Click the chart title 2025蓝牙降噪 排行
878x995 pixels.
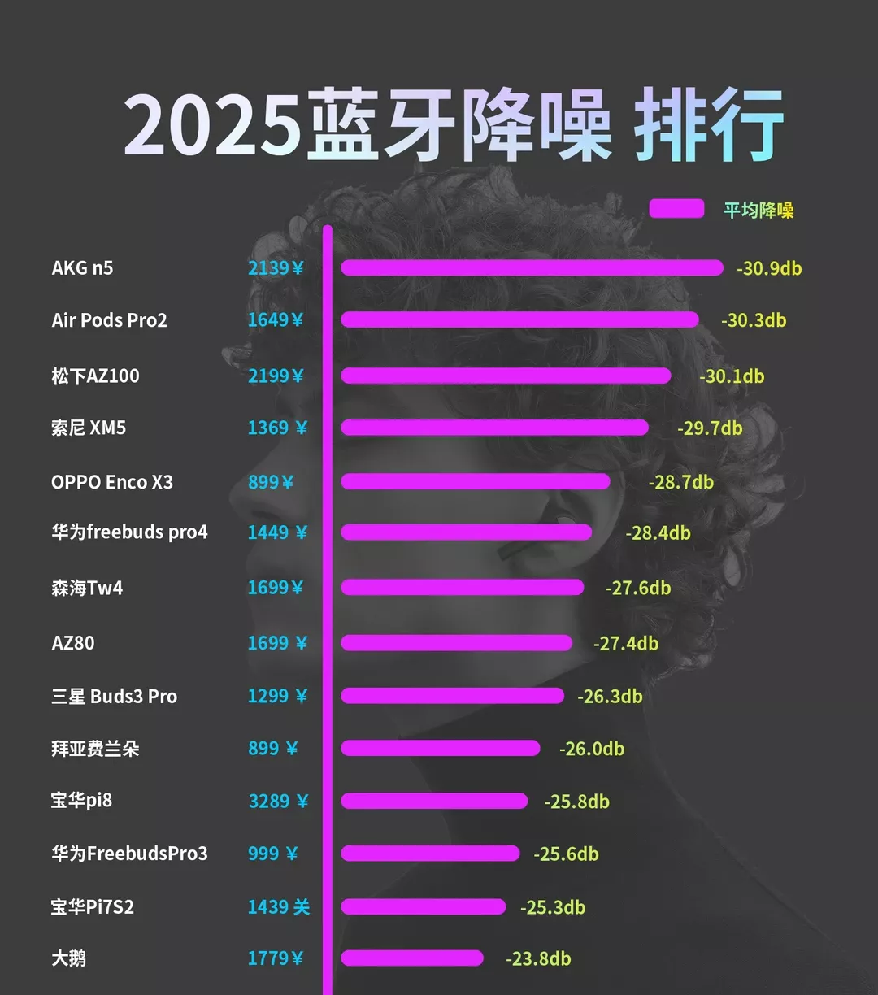(454, 126)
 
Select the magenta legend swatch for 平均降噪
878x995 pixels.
(676, 209)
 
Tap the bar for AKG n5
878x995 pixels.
(532, 268)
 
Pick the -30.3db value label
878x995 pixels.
(754, 320)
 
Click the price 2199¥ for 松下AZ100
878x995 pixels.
(276, 376)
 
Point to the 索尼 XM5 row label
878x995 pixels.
(89, 428)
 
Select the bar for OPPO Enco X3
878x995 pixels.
(475, 481)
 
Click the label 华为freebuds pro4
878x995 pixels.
(129, 532)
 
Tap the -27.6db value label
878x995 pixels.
(638, 588)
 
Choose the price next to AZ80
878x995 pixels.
(277, 643)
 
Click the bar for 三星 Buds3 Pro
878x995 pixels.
(452, 696)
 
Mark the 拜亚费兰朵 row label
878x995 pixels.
(95, 749)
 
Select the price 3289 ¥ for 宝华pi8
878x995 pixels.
(278, 802)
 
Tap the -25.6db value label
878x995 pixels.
(566, 854)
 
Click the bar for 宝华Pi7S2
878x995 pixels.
(423, 906)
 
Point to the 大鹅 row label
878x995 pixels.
(68, 958)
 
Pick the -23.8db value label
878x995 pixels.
(538, 959)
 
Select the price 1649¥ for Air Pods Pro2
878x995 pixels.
(276, 320)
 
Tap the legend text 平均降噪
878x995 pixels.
(758, 210)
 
